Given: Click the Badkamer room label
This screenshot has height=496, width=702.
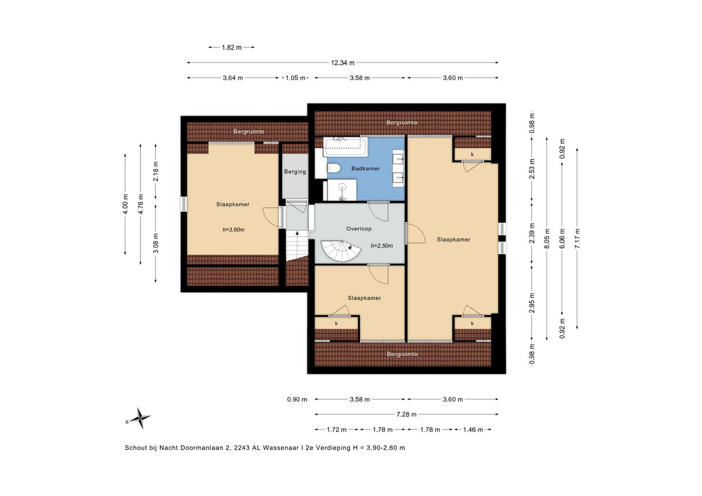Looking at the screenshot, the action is pos(366,169).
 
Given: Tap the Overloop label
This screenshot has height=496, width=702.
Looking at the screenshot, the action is pos(359,229).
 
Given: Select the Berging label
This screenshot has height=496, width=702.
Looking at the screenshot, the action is pos(295,172).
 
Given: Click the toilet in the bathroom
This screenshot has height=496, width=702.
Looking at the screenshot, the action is pos(334,168).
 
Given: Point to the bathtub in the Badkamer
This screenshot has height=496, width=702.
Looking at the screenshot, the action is pos(345,147).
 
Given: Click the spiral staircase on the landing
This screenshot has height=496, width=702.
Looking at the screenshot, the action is pos(340,251).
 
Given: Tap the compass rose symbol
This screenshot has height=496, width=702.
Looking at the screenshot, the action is pos(139,419).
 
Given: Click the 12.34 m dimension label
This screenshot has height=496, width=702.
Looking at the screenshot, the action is pos(343,63).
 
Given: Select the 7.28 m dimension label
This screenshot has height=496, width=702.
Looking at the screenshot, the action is pos(407,414).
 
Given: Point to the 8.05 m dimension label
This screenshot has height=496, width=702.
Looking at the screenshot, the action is pos(547,239).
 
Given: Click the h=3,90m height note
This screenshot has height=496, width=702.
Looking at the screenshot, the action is pos(234,229).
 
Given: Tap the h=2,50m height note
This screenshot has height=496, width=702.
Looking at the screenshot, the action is pos(382,246).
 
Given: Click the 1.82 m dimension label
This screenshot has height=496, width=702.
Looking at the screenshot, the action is pos(232,48).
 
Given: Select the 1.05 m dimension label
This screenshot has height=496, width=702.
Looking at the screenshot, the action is pos(295,78).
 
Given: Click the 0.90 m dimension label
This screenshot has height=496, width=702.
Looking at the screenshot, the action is pos(297,399).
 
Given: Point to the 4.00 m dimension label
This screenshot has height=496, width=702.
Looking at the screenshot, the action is pos(125,204).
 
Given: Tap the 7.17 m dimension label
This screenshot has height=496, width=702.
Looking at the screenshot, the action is pos(577,239).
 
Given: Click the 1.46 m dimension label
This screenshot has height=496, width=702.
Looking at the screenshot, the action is pos(473,430).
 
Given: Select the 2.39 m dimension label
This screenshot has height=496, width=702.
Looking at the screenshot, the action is pos(532,233).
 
